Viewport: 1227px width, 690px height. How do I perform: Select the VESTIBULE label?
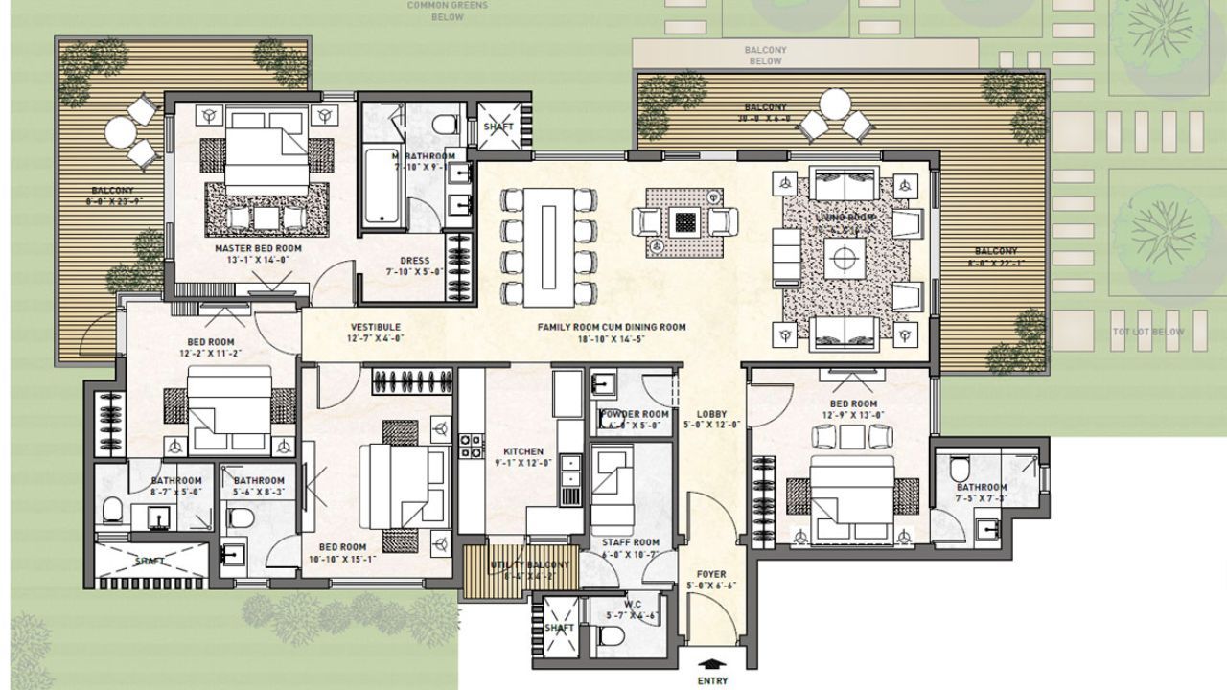pos(375,327)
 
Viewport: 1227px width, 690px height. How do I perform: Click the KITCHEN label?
pos(523,451)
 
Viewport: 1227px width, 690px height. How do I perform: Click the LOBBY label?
pos(712,414)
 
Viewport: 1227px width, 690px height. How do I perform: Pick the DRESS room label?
pos(415,261)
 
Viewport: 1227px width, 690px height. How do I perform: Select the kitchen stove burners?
pos(470,446)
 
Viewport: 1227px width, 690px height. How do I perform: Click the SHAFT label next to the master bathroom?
pos(498,126)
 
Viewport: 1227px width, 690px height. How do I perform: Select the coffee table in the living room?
pos(845,256)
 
